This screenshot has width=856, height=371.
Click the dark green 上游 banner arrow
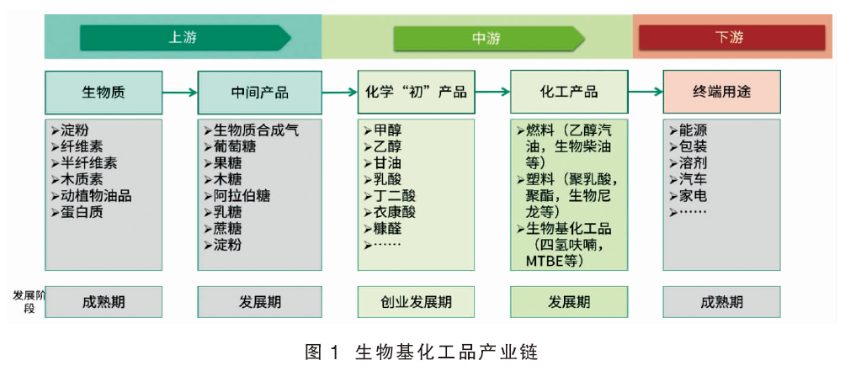tap(186, 38)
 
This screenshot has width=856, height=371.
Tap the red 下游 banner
tap(729, 38)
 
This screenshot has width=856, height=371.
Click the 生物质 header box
tap(104, 92)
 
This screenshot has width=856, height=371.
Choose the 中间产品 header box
tap(259, 92)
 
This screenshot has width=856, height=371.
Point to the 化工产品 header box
tap(569, 92)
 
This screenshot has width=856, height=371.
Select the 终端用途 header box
tap(721, 92)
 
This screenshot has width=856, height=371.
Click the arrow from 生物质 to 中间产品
tap(180, 93)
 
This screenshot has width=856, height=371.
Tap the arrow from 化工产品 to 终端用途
tap(646, 93)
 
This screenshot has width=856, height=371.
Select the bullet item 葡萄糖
tap(230, 146)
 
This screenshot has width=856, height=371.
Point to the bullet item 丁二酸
tap(390, 196)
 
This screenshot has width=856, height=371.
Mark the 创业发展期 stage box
tap(417, 302)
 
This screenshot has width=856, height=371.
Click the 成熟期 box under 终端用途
tap(721, 302)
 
